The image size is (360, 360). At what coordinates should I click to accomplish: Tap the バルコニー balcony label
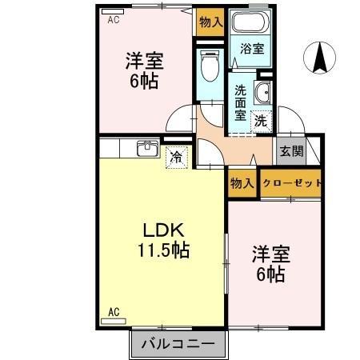point(178,345)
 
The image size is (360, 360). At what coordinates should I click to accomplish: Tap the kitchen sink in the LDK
point(146,149)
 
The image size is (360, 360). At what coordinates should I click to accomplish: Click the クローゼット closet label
point(292,183)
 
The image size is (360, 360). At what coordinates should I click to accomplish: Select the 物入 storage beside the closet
point(242,183)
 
